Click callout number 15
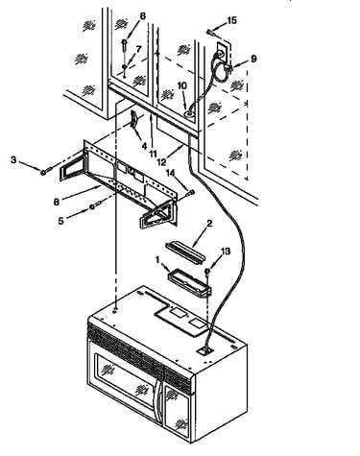coord(231,20)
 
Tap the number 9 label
coord(253,59)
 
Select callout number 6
coord(143,16)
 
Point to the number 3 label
coord(13,159)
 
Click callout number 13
coord(226,252)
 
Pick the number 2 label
coord(209,223)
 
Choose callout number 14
coord(171,173)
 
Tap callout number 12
coord(162,162)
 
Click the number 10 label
coord(182,85)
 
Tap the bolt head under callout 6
coord(125,42)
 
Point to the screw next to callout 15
coord(210,32)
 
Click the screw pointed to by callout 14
coord(190,193)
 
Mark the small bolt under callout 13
coord(207,272)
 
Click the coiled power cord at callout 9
coord(221,71)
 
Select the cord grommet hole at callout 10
coord(189,113)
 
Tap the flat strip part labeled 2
coord(185,252)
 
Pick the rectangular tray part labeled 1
coord(190,283)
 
